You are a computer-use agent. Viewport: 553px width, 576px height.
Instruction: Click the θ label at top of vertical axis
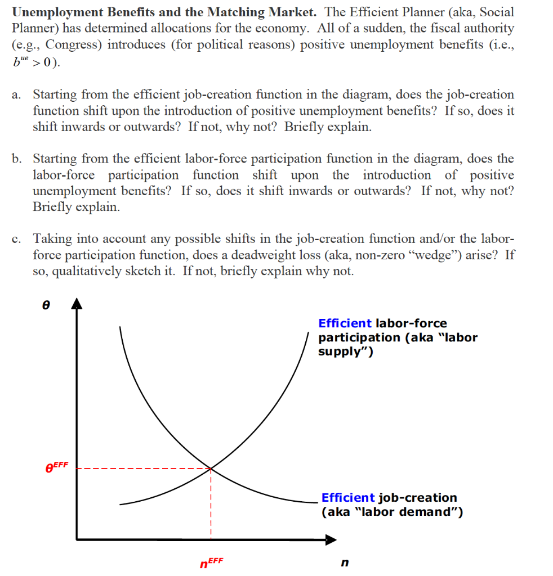coord(47,304)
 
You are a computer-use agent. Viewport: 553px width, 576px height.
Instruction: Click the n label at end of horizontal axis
coord(345,562)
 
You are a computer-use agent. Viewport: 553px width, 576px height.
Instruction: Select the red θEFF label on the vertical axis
coord(56,467)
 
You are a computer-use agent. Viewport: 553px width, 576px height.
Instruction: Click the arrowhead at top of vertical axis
coord(77,304)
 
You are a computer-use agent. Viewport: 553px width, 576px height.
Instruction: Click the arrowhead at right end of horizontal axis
coord(331,539)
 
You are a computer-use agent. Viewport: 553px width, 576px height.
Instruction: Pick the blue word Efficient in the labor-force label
coord(345,323)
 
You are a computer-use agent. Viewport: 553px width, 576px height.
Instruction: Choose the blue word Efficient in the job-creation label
coord(348,498)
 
